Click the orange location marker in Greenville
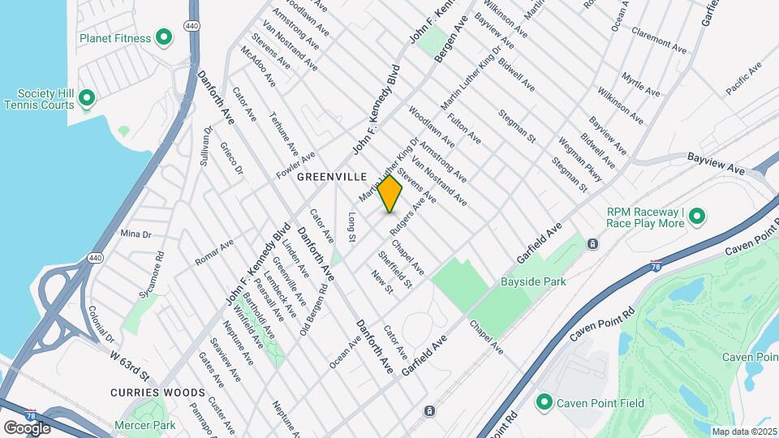click(389, 194)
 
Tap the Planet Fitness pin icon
click(163, 37)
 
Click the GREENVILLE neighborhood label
click(332, 176)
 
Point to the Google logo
click(26, 427)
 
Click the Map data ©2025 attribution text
click(743, 432)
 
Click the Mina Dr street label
click(136, 234)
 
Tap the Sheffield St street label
click(396, 268)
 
